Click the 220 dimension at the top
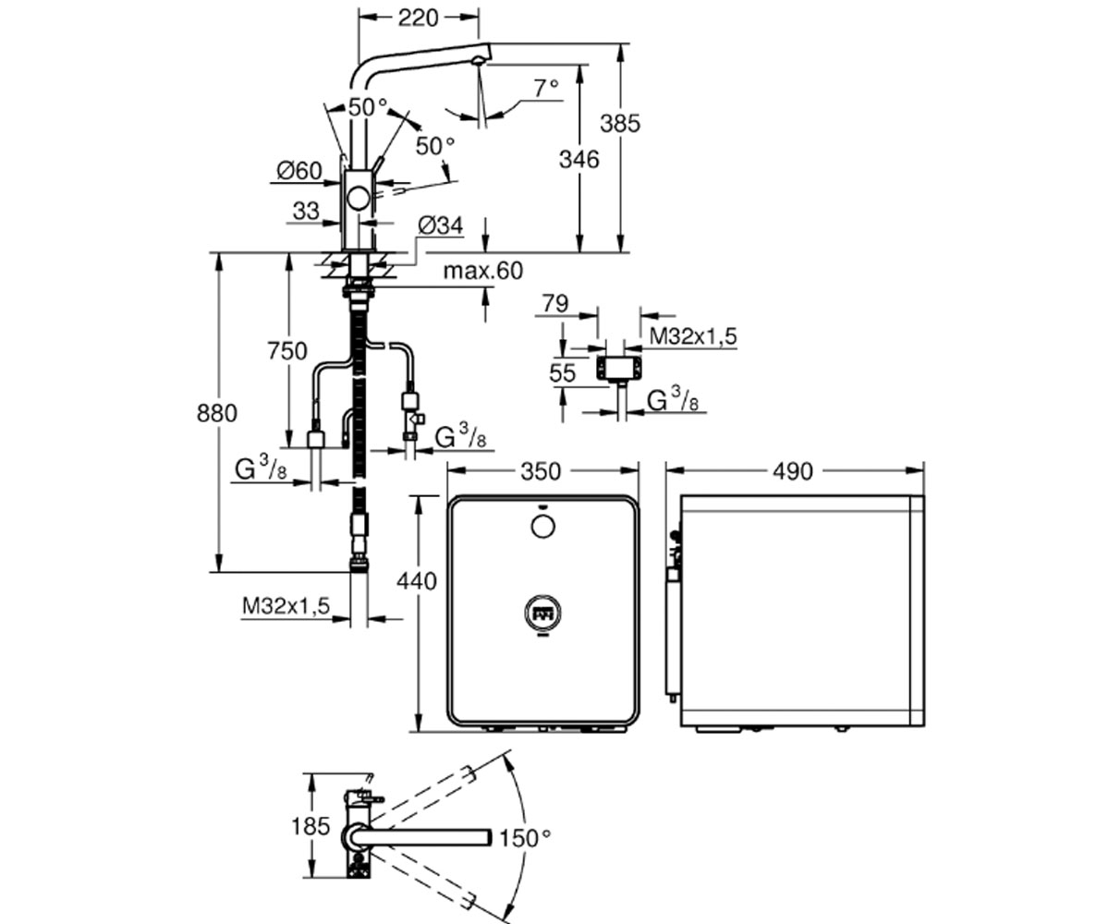[418, 18]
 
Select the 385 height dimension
[620, 124]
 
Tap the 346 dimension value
[579, 159]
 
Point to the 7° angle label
[546, 88]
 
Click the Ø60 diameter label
[299, 171]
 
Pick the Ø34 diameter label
[440, 225]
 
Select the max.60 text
[482, 271]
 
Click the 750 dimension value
[286, 351]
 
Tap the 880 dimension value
[216, 413]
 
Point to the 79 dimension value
[555, 304]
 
